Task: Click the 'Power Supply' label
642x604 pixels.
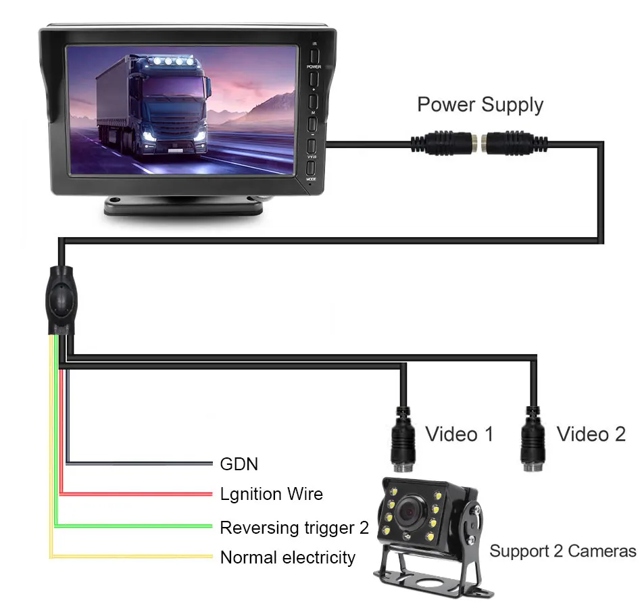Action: [480, 105]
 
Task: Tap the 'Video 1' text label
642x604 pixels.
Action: [459, 434]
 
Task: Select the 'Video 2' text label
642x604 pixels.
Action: [591, 434]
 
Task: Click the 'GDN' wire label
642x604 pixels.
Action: [239, 464]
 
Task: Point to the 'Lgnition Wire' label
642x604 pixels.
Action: [271, 494]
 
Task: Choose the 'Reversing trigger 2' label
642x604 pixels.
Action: [294, 527]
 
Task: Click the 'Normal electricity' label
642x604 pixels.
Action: [287, 557]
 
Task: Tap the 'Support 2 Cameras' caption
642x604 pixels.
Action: [562, 551]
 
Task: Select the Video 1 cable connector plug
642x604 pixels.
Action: [403, 439]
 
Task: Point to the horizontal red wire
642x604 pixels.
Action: [135, 494]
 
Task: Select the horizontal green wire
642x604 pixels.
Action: [135, 525]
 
